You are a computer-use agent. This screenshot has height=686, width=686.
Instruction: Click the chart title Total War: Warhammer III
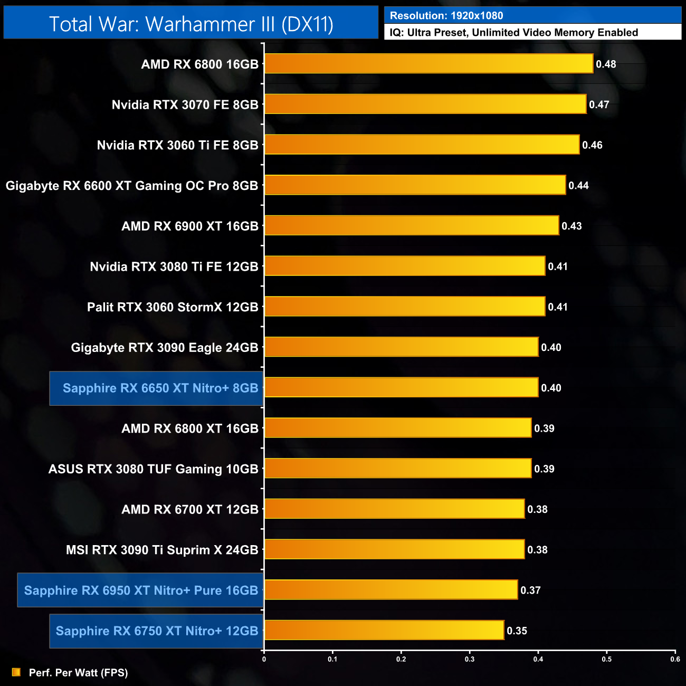[191, 24]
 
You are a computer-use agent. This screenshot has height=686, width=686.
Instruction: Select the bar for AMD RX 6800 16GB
[428, 64]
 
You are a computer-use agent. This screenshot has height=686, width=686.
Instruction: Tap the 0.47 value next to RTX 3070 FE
[599, 104]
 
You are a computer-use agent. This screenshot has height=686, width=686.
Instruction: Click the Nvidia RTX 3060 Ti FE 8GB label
[177, 145]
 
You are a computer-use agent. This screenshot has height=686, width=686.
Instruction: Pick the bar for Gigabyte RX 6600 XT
[415, 185]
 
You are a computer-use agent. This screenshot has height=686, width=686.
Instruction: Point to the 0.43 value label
[571, 226]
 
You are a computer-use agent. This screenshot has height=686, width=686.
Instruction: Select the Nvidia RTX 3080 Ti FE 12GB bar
[404, 266]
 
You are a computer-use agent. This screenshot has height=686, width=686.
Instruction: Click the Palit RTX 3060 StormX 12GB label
[173, 307]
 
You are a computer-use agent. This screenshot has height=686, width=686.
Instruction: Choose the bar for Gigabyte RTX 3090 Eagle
[401, 347]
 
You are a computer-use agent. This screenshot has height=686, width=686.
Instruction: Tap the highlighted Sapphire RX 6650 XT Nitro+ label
[160, 388]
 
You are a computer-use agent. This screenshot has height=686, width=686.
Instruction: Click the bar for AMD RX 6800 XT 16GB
[397, 428]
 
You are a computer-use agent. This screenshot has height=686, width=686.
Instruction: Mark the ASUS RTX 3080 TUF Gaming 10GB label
[153, 469]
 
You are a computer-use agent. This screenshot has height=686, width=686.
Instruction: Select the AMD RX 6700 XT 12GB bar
[394, 509]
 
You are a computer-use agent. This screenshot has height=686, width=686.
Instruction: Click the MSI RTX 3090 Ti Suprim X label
[162, 550]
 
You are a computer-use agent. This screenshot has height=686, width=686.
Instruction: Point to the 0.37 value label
[530, 590]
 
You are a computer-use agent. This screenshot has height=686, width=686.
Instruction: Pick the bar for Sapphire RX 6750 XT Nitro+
[384, 630]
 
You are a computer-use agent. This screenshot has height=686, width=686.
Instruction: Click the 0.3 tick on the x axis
[470, 659]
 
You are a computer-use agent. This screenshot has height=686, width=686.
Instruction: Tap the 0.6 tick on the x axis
[675, 659]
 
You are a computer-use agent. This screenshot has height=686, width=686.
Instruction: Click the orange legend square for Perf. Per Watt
[16, 672]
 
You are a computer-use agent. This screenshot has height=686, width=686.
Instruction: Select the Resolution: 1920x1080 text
[446, 16]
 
